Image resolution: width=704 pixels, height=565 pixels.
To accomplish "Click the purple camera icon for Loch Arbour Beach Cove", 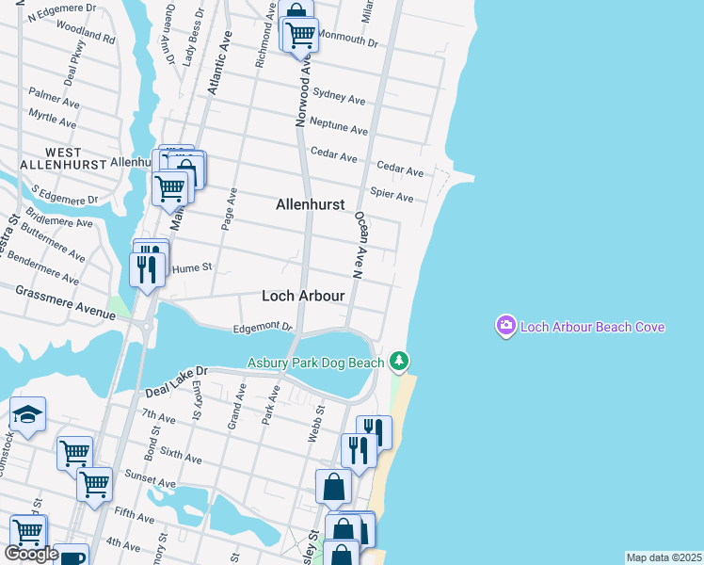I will (x=506, y=326).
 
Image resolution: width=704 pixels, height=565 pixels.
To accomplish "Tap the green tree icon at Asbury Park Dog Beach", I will (x=399, y=361).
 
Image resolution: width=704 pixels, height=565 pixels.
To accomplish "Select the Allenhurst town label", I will (x=310, y=204).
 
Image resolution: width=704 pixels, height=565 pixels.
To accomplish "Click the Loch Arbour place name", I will (x=302, y=296).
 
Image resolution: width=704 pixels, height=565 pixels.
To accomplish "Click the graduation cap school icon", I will (x=27, y=414).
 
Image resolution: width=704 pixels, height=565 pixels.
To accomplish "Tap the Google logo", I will (x=31, y=554).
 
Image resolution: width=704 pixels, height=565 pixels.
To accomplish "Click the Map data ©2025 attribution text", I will (x=664, y=557).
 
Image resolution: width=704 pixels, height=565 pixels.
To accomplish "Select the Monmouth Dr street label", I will (x=346, y=42).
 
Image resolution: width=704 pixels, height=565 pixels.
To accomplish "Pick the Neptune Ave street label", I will (x=338, y=126).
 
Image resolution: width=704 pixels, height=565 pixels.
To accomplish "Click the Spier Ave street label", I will (x=392, y=196).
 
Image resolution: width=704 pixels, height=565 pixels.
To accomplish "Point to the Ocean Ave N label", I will (x=359, y=245).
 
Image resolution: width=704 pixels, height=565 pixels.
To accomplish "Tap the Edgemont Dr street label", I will (x=264, y=327).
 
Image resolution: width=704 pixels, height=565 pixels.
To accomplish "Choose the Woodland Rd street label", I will (x=85, y=40).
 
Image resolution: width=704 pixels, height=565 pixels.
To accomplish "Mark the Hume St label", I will (x=193, y=267).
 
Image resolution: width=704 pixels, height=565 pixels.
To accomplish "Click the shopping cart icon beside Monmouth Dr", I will (x=300, y=34).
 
